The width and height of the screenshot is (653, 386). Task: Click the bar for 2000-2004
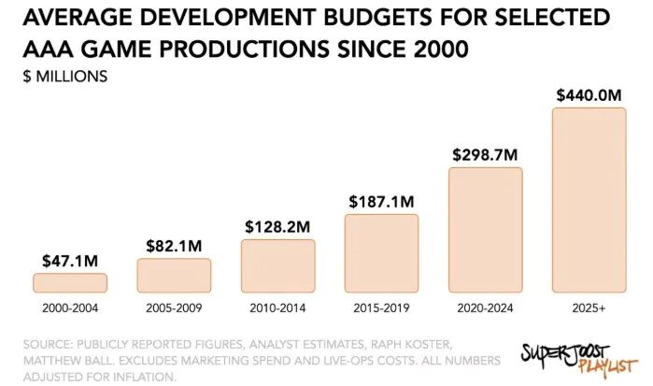coord(70,282)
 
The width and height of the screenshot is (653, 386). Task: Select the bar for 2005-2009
coord(174,275)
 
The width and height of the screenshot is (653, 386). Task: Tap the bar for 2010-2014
coord(277,265)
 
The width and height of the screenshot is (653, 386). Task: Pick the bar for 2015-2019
coord(381,253)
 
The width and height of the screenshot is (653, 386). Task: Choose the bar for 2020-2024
coord(485,230)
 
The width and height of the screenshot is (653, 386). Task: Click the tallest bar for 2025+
coord(589,200)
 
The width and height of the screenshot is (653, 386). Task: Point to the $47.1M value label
coord(70,260)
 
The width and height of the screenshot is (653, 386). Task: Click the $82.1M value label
coord(174,246)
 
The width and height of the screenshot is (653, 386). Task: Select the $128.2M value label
coord(277,226)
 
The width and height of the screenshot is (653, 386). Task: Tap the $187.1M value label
coord(381,201)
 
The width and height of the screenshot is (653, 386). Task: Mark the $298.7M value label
coord(485,154)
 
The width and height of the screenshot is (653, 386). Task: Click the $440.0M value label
coord(589,94)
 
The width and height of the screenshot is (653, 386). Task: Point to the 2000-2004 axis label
coord(70,307)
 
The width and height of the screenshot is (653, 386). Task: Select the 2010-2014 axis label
coord(277,307)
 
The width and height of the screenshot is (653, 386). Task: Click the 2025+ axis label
coord(589,307)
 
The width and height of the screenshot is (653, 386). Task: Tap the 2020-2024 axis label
coord(485,307)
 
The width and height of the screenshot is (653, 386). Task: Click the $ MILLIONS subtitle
coord(64,76)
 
